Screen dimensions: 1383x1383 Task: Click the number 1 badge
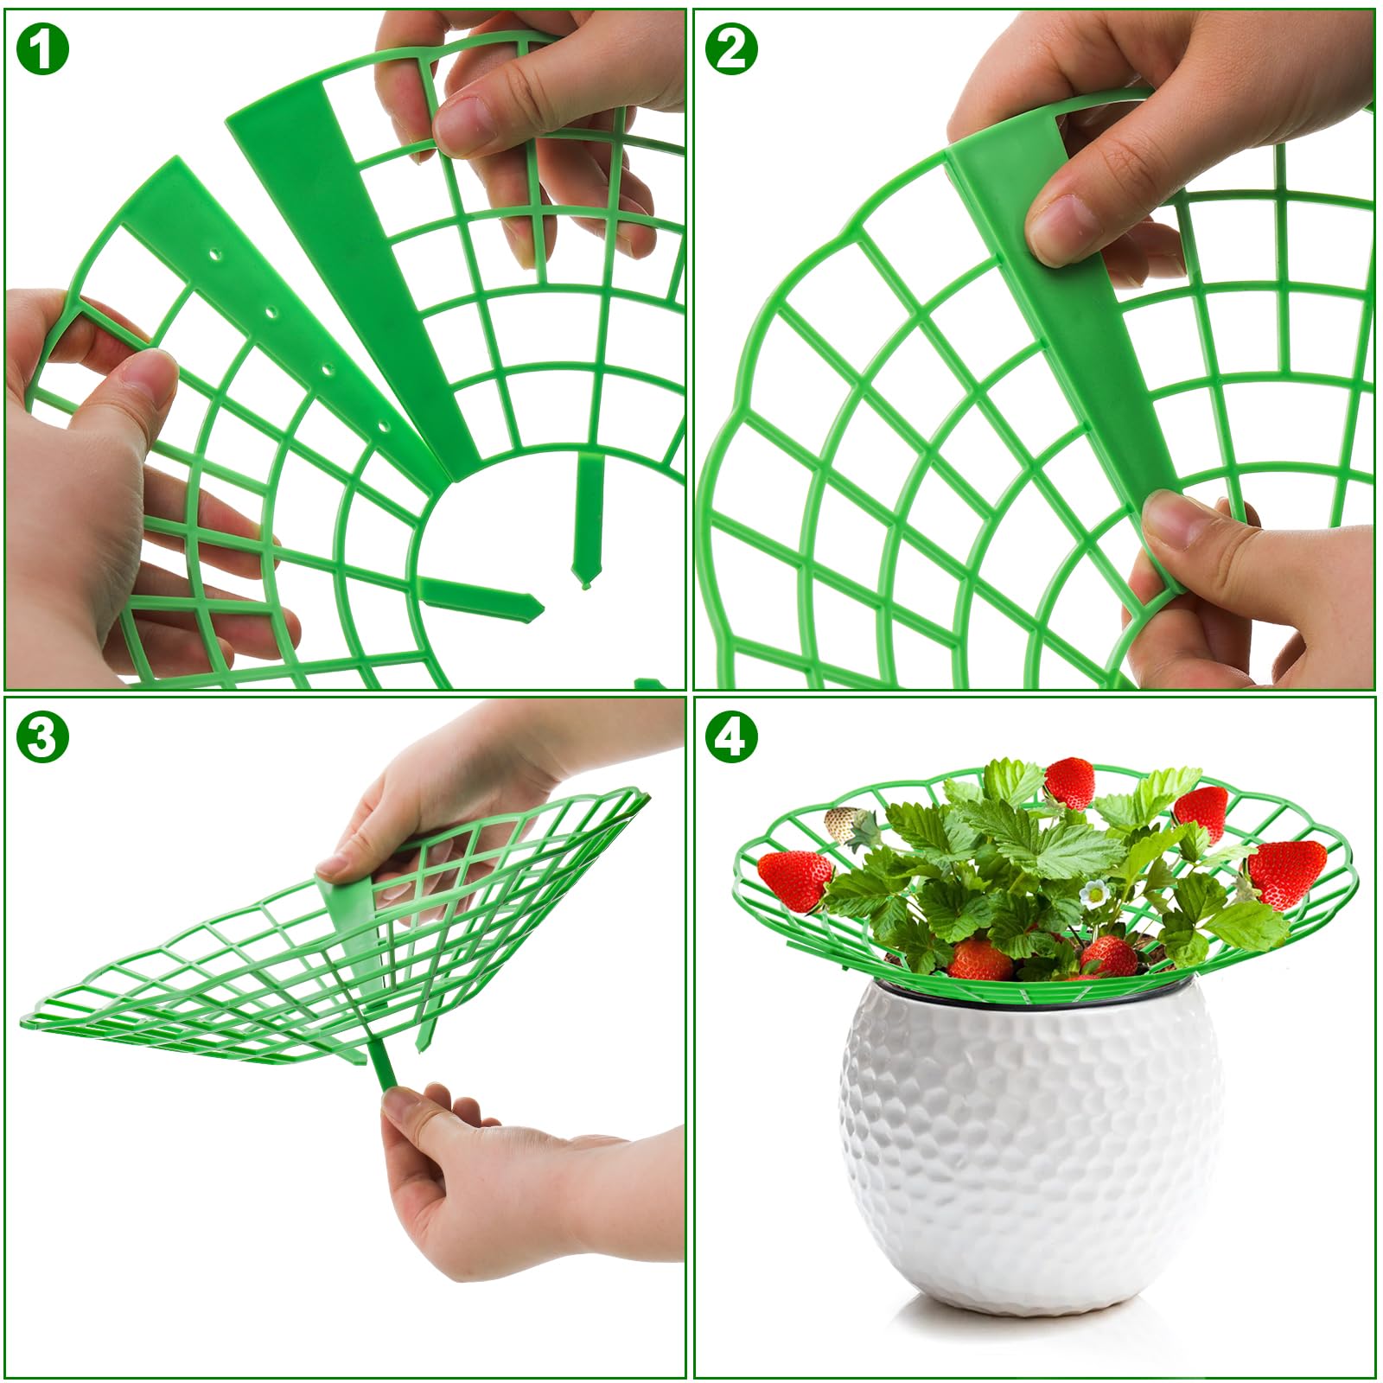(x=41, y=48)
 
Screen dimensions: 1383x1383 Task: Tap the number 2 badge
(x=731, y=48)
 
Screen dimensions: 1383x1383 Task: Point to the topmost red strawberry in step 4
(x=1070, y=783)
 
